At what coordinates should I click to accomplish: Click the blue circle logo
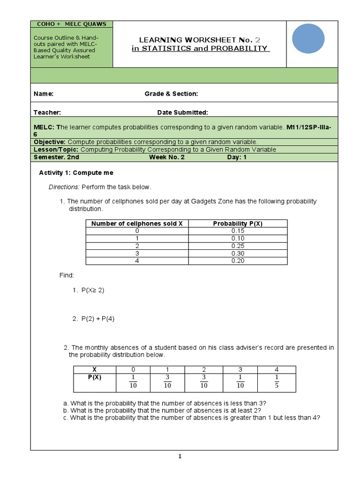(308, 39)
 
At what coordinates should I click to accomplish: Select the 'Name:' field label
(44, 94)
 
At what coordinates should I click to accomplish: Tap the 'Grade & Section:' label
(171, 94)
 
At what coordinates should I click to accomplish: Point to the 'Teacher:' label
(47, 112)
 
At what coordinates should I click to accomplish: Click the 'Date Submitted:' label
(182, 112)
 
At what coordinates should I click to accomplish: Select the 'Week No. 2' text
(167, 157)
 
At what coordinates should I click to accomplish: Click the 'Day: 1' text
(237, 157)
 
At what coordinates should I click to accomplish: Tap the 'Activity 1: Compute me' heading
(76, 173)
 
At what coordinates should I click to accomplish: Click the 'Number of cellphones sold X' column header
(137, 224)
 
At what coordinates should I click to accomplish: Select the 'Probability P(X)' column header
(238, 224)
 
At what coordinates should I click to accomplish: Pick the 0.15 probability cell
(238, 231)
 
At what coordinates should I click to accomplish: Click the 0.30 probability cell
(238, 254)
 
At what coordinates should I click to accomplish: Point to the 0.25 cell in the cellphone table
(238, 246)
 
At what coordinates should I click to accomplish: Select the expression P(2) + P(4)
(97, 319)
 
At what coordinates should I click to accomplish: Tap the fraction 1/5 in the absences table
(277, 381)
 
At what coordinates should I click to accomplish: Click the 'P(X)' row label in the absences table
(94, 377)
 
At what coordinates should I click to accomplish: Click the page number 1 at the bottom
(180, 457)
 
